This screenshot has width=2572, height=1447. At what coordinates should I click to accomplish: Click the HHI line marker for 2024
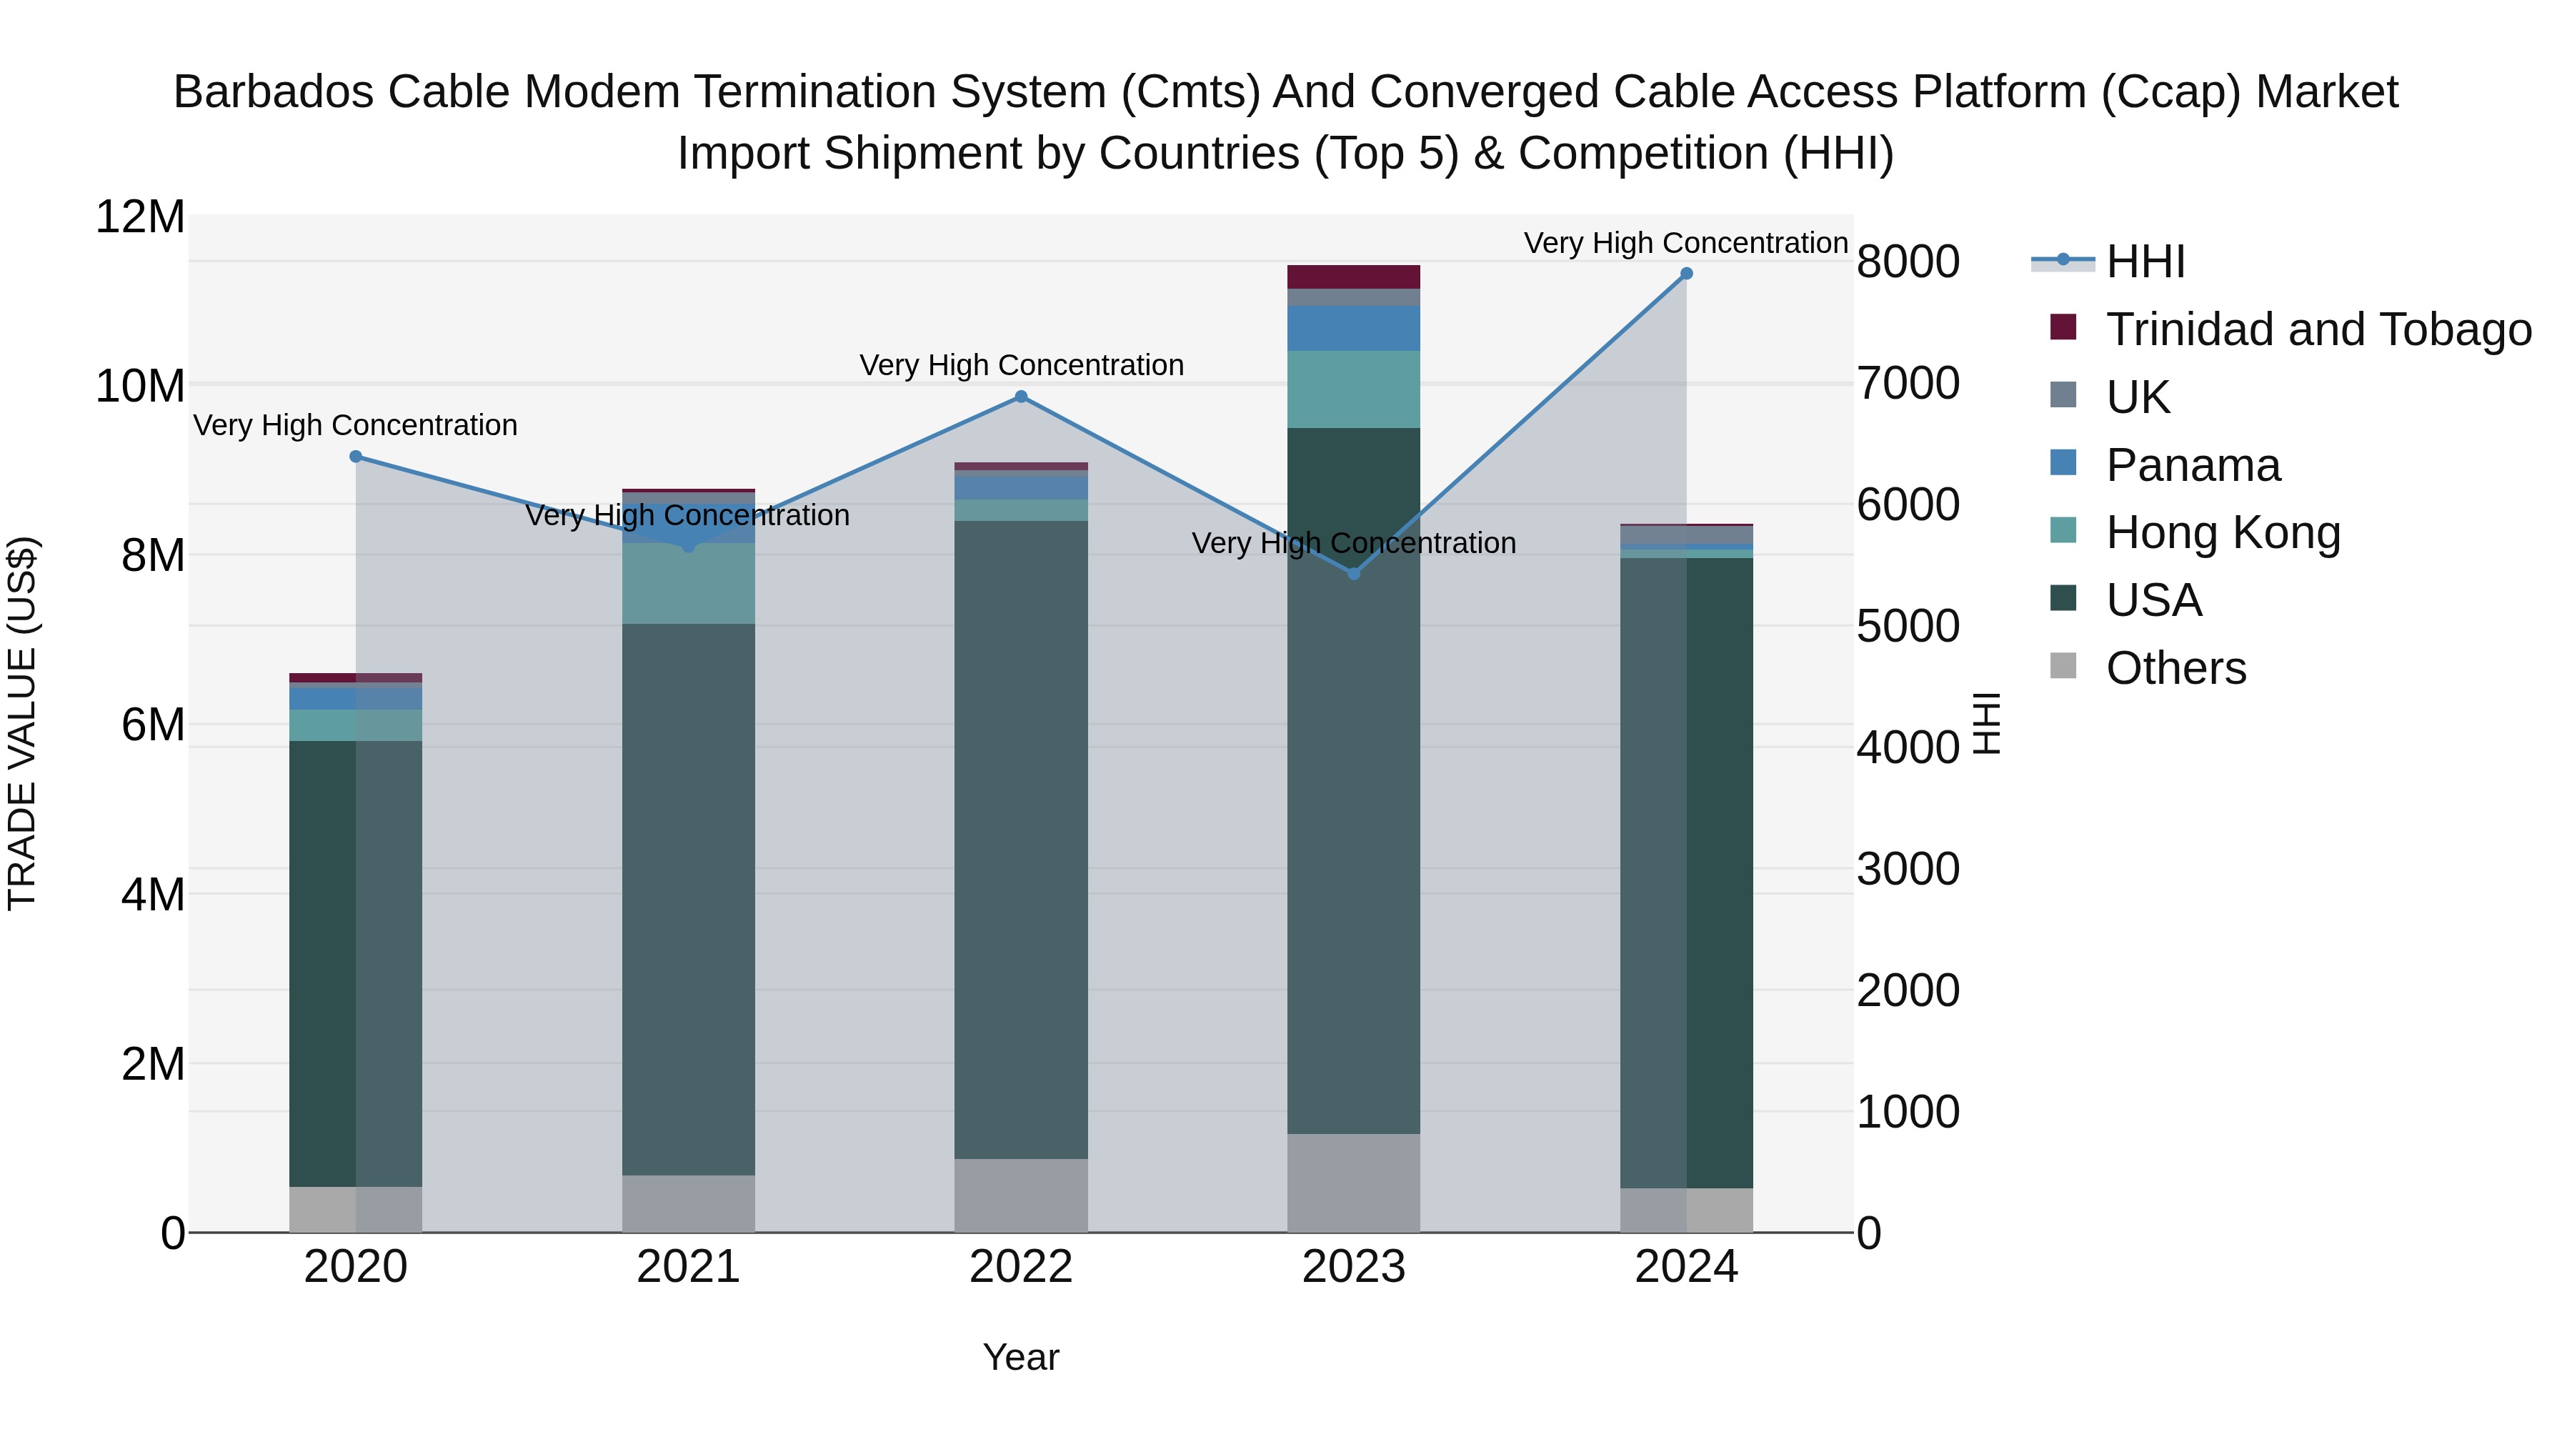(x=1686, y=274)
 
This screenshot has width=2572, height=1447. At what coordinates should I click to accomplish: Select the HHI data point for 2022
(x=1020, y=397)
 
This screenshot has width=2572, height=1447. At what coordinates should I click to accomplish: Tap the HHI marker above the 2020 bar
(x=356, y=457)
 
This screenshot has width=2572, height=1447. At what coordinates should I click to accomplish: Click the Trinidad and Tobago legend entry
(x=2318, y=329)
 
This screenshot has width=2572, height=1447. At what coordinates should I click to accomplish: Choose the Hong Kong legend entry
(x=2223, y=532)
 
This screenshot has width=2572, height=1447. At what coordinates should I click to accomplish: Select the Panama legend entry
(x=2193, y=465)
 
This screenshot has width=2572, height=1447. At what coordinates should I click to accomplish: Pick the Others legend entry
(x=2175, y=668)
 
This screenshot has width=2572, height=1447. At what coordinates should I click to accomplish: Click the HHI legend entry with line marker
(x=2145, y=262)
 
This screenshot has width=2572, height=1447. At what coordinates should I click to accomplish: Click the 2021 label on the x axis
(x=688, y=1267)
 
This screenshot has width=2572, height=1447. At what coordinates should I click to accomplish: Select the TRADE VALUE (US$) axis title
(x=22, y=723)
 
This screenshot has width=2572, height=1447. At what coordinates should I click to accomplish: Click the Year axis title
(x=1020, y=1357)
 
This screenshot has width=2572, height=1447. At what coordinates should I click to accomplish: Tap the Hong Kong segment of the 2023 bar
(x=1354, y=389)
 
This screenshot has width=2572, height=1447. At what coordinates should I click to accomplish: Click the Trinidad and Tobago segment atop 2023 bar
(x=1354, y=277)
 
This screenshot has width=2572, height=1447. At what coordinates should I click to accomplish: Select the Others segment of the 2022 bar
(x=1020, y=1195)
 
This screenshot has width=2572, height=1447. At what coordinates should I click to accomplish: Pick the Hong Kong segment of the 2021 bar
(x=688, y=585)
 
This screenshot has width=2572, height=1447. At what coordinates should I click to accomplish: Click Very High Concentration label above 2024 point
(x=1685, y=244)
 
